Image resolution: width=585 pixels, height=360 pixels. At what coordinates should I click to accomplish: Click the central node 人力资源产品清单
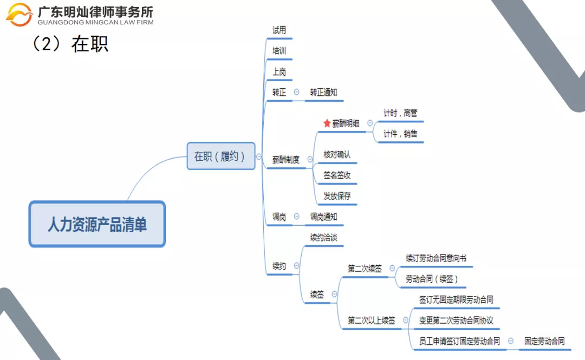click(97, 224)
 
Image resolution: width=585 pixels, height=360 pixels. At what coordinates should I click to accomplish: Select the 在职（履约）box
click(220, 156)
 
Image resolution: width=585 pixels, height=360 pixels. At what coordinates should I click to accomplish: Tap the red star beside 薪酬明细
click(327, 123)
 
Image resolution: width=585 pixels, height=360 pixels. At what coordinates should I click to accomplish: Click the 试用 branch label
click(279, 30)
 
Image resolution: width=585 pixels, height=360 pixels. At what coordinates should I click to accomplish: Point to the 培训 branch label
click(279, 51)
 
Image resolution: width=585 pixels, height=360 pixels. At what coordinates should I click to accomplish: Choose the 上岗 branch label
click(279, 71)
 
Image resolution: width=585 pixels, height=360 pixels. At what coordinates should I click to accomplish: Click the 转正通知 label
click(323, 93)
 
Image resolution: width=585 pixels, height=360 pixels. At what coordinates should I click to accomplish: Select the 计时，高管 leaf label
click(400, 113)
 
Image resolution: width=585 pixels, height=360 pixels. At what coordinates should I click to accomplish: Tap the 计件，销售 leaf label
click(400, 134)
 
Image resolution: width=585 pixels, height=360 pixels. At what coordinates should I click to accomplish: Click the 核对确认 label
click(337, 155)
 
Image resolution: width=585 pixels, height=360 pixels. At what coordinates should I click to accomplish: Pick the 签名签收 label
click(337, 175)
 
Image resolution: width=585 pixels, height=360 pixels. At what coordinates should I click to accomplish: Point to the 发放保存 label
click(337, 196)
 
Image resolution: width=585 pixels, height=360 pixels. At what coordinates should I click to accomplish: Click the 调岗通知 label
click(323, 217)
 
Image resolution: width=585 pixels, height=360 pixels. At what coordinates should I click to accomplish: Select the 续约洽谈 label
click(323, 238)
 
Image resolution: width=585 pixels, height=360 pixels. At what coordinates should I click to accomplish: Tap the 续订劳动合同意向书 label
click(436, 259)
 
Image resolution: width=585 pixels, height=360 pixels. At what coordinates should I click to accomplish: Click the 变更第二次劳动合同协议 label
click(456, 320)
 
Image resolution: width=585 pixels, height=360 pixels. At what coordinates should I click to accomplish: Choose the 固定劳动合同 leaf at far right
click(544, 341)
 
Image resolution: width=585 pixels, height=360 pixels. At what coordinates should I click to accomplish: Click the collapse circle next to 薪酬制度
click(310, 160)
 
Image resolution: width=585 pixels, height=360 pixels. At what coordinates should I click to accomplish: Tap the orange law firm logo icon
click(19, 14)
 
